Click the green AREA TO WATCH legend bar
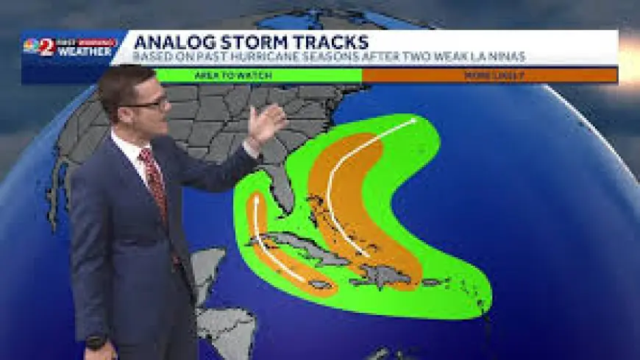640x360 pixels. tap(257, 75)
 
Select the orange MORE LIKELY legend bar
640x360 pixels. tap(489, 75)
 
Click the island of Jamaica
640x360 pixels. tap(321, 284)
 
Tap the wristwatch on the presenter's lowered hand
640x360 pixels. tap(95, 342)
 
